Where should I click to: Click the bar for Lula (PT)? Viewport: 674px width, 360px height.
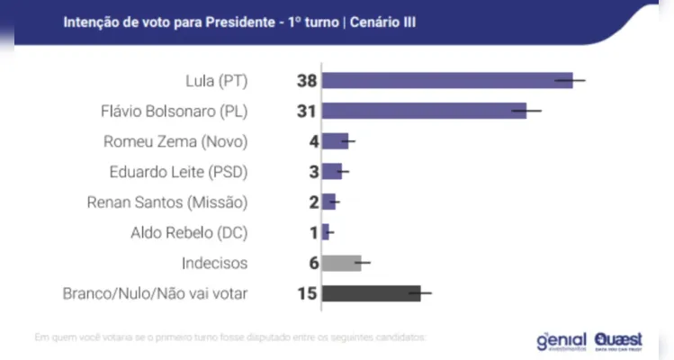coord(446,80)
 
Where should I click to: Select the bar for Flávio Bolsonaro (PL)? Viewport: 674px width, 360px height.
coord(423,111)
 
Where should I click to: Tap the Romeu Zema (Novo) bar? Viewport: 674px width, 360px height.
coord(335,141)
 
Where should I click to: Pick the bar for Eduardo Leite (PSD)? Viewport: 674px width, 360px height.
coord(331,171)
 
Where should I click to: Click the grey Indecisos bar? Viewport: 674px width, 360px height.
coord(341,263)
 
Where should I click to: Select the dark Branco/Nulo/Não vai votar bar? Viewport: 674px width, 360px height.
coord(371,293)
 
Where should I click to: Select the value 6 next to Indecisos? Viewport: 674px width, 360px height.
coord(313,263)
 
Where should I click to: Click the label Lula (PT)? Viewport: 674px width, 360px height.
coord(220,81)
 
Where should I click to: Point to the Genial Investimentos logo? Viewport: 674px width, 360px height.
coord(561,340)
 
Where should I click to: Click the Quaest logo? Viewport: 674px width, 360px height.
coord(618,340)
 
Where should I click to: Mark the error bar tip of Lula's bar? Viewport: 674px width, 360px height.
coord(585,80)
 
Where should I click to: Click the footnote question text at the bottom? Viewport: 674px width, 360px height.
coord(229,337)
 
